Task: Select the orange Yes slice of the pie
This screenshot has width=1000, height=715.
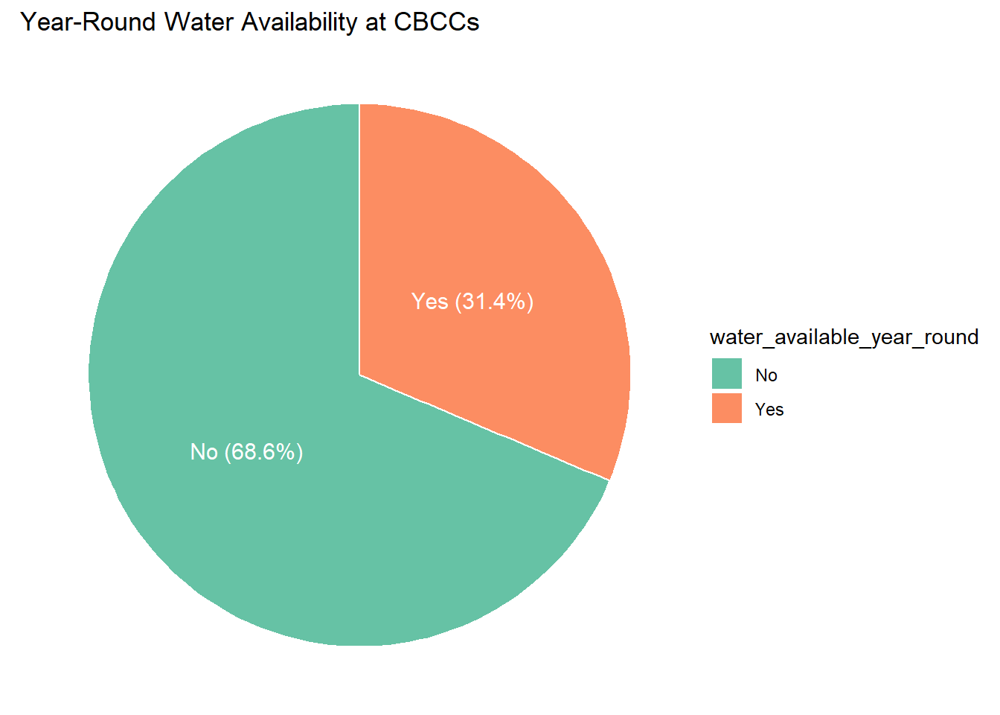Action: coord(506,223)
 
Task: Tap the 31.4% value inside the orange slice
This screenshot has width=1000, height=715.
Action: coord(494,302)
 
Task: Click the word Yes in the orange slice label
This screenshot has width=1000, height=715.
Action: coord(429,302)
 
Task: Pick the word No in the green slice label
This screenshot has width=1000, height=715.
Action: coord(204,452)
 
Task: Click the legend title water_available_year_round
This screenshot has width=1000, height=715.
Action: coord(844,337)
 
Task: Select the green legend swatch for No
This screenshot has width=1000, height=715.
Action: coord(726,374)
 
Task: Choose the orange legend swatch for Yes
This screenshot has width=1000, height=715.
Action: coord(726,408)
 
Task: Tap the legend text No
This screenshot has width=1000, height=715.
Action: coord(766,375)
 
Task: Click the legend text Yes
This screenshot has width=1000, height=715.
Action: coord(769,410)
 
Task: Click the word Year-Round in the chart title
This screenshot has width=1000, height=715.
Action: coord(89,22)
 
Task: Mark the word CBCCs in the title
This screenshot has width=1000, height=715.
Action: coord(436,22)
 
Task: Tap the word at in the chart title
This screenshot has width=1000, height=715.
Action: coord(375,22)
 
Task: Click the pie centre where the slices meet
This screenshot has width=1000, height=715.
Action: coord(359,375)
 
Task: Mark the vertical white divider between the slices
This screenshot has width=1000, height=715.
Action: coord(359,238)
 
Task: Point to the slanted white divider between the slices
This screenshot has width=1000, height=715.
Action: coord(484,427)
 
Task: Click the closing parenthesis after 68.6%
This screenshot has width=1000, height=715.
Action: coord(299,452)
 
